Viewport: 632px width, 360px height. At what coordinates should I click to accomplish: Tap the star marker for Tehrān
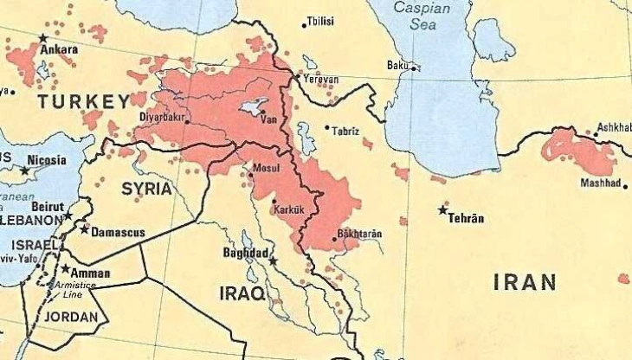click(443, 209)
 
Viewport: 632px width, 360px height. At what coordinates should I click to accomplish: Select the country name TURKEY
click(82, 102)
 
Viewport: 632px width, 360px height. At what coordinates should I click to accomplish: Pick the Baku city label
click(397, 65)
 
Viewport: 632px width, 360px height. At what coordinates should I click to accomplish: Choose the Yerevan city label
click(321, 80)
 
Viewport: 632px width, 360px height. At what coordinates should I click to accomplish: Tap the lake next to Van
click(253, 107)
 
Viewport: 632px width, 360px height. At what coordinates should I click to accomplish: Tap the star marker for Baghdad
click(273, 260)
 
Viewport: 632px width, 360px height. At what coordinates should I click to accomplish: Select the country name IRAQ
click(242, 293)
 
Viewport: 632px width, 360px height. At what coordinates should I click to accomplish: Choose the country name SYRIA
click(146, 188)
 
